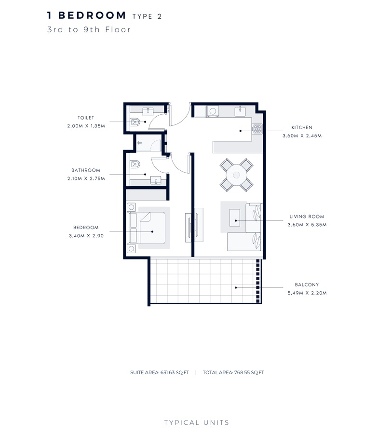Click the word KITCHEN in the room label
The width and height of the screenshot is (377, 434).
302,127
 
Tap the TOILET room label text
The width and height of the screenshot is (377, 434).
86,118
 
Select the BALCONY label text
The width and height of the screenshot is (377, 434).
307,285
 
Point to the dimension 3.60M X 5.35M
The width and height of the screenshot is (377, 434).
307,225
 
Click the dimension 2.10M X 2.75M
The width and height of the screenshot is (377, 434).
86,178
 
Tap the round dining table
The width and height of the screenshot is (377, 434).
237,175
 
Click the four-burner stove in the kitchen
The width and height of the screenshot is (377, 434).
257,128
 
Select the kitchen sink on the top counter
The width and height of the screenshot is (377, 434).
241,111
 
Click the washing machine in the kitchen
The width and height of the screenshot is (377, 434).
212,111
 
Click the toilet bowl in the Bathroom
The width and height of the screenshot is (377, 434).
135,164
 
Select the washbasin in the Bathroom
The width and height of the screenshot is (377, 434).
156,180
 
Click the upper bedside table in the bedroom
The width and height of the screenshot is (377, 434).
131,207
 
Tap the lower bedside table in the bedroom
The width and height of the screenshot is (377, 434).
131,249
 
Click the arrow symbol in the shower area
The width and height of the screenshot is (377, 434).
140,143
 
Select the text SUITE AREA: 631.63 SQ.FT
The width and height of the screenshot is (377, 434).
160,372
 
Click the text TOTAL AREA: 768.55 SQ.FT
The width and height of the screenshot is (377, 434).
233,372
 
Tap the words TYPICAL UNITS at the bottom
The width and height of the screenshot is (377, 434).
197,423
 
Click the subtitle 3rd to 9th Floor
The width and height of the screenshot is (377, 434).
89,29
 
